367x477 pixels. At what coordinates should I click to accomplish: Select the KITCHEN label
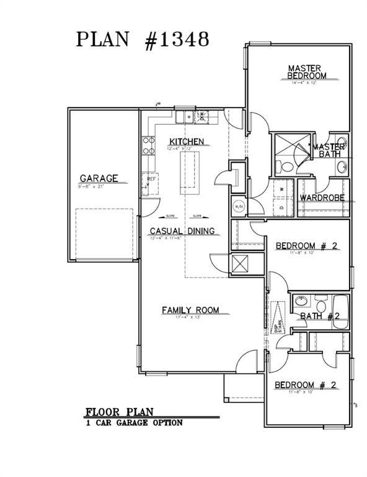186,142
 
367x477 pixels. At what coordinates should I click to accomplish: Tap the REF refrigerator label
150,179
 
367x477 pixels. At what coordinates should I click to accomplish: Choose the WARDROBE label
322,198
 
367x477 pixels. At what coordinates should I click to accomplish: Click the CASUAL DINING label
182,231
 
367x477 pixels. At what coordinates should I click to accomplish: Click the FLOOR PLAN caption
119,411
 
